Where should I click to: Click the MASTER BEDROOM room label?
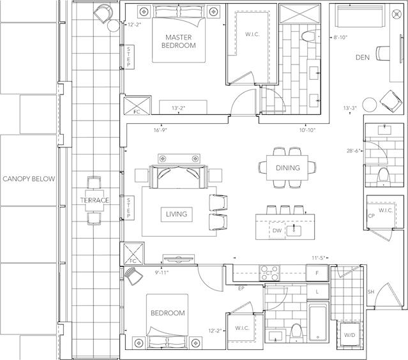click(x=179, y=41)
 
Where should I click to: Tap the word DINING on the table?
click(x=288, y=168)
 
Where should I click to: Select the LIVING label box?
click(x=177, y=214)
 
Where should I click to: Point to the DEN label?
click(x=363, y=57)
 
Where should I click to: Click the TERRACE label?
click(x=94, y=200)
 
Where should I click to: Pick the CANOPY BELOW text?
click(x=29, y=179)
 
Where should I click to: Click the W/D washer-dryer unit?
click(x=349, y=334)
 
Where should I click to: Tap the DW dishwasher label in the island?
click(x=277, y=230)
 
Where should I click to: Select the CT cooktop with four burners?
click(x=269, y=273)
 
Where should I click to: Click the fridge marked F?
click(x=317, y=273)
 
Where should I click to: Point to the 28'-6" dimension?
click(x=353, y=151)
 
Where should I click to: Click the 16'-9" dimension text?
click(x=160, y=130)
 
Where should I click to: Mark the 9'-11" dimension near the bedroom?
click(x=162, y=273)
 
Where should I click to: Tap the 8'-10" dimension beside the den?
click(x=340, y=38)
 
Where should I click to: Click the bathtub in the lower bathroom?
click(x=318, y=322)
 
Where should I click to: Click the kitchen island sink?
click(x=294, y=230)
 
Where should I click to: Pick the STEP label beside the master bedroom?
click(x=129, y=57)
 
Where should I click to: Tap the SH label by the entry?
click(x=371, y=292)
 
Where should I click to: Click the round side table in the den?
click(x=370, y=105)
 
